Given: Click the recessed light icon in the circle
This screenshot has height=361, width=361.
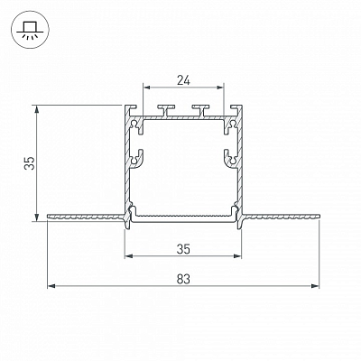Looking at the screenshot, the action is [29, 32].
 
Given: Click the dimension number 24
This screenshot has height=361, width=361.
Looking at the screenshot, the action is [183, 80].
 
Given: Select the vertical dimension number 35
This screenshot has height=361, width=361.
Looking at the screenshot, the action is [30, 163].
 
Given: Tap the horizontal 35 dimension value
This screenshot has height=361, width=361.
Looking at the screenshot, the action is [183, 249].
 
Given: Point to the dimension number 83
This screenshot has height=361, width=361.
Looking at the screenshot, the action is [183, 279].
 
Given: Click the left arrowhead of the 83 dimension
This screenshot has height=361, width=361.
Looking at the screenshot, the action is [51, 286].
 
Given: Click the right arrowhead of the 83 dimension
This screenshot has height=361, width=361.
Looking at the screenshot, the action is [315, 286].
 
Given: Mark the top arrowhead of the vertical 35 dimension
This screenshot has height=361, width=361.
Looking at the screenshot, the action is [37, 109].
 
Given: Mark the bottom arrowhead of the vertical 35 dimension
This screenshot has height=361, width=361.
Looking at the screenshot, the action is [37, 218].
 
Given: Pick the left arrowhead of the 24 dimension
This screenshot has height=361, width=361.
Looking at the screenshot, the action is [146, 88].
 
